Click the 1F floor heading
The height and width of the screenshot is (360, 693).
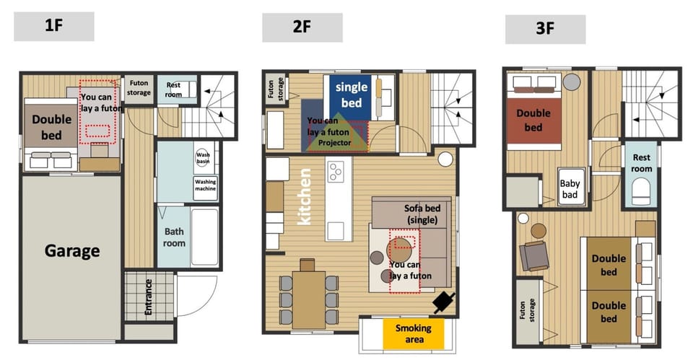pos(54,27)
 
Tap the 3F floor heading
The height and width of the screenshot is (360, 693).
pos(546,29)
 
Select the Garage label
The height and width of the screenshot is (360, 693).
pos(72,251)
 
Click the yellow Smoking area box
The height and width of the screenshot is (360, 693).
pos(413,333)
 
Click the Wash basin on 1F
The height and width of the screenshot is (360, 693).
pos(202,157)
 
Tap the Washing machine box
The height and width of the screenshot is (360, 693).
pos(206,187)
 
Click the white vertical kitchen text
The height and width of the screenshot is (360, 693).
pos(305,196)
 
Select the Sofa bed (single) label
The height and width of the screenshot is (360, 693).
pos(422,214)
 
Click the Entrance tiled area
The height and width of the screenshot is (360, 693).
pos(149,296)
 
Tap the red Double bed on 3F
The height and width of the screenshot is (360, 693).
pos(533,120)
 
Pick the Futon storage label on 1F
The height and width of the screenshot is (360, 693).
pos(139,88)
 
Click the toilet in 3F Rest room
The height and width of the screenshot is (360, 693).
pos(640,191)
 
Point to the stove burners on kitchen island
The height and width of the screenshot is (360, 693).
pos(336,172)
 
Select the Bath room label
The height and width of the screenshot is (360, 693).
pos(174,237)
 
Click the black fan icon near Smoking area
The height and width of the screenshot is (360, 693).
pos(444,302)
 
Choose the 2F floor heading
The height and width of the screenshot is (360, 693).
pos(302,27)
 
